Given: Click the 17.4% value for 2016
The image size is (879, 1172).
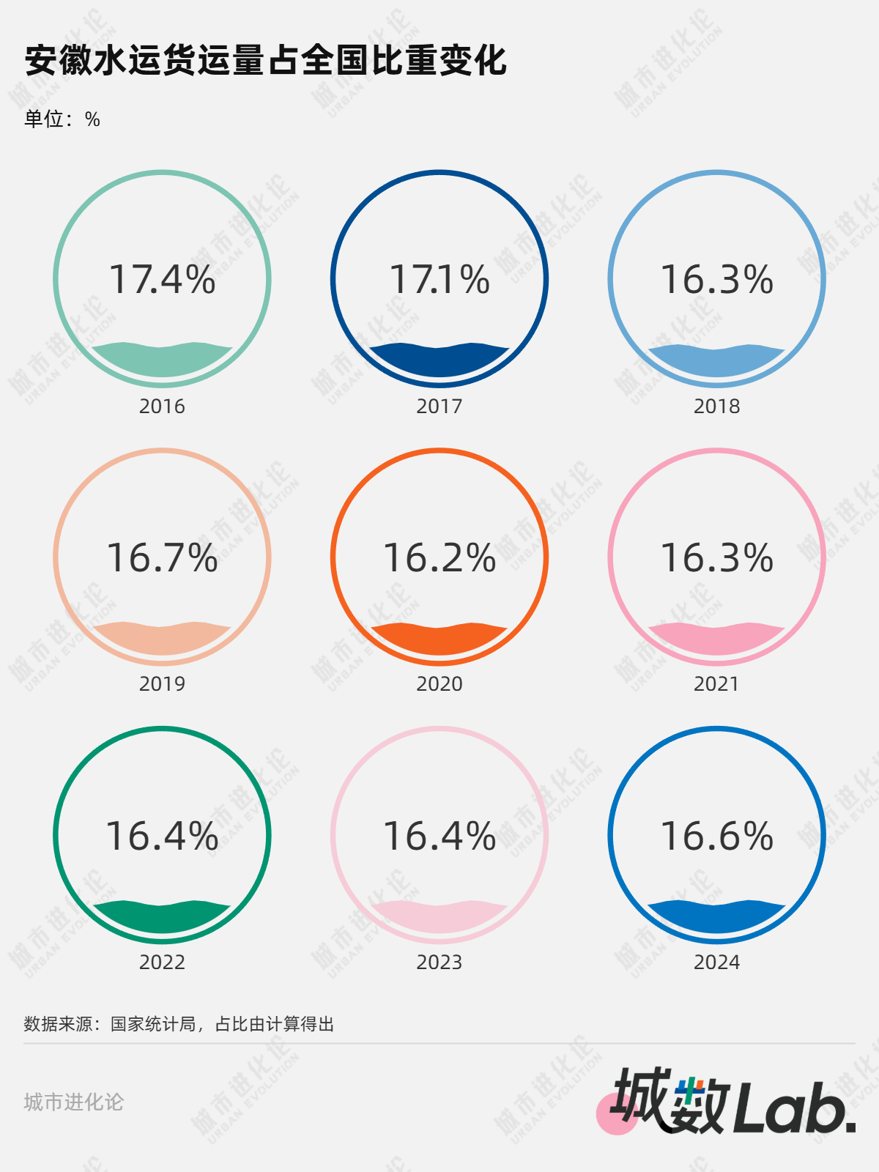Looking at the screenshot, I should point(162,280).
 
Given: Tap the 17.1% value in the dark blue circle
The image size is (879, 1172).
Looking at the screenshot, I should point(439,280).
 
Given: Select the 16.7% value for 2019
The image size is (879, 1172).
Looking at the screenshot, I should point(162,558).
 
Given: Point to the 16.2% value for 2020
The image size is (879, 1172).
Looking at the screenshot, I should point(439,558).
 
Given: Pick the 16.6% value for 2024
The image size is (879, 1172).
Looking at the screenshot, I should point(716,837).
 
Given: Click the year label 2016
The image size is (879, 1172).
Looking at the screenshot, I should point(162,407).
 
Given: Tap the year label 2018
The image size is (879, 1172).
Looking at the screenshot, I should point(716,407).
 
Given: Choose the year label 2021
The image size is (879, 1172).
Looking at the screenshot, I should point(716,684).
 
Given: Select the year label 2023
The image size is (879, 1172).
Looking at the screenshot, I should point(439,963).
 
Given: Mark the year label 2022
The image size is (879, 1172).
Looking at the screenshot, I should point(162,963).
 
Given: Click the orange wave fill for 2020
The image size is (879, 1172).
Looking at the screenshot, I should point(439,640).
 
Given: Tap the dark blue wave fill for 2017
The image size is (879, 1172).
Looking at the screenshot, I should point(439,362).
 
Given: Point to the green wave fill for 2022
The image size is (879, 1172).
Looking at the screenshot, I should point(162,919).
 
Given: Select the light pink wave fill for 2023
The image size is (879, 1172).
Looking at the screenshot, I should point(439,919).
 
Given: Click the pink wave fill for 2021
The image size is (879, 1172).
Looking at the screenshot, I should point(716,640).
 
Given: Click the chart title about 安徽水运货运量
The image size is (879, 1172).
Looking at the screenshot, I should point(265,60).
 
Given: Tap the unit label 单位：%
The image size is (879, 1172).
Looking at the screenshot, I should point(62,119).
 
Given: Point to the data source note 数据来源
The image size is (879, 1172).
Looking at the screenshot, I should point(179,1024).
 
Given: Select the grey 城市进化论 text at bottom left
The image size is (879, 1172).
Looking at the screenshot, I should point(74,1102).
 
